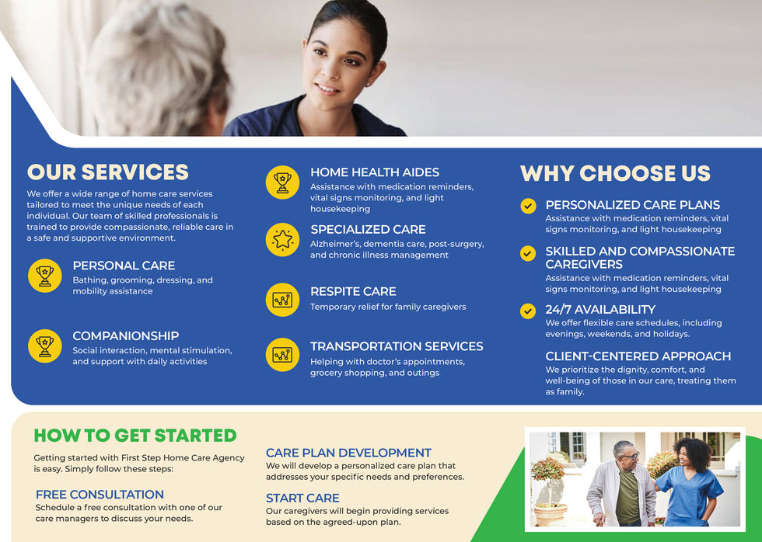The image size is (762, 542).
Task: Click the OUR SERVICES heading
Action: (108, 172)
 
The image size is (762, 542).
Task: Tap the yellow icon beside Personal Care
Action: (44, 276)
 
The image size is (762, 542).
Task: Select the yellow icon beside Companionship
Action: (44, 346)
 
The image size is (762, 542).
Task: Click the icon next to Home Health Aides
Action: (282, 182)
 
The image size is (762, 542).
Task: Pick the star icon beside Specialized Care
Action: (282, 239)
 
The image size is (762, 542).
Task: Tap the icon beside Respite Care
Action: (282, 300)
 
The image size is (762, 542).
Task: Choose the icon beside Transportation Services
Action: (282, 355)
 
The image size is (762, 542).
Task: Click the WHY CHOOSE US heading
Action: (615, 173)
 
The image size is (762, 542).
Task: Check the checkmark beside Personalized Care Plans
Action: (528, 206)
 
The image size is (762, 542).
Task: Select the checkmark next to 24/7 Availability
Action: (528, 311)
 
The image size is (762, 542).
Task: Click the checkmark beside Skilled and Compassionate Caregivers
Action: (528, 253)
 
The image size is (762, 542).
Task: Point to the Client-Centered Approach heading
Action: (638, 356)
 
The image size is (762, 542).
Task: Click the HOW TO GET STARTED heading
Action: (135, 436)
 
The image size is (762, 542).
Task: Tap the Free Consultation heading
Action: (100, 495)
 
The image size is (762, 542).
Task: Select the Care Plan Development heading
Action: (348, 453)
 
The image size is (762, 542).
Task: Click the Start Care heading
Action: (302, 498)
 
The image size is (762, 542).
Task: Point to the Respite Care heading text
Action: (353, 291)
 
